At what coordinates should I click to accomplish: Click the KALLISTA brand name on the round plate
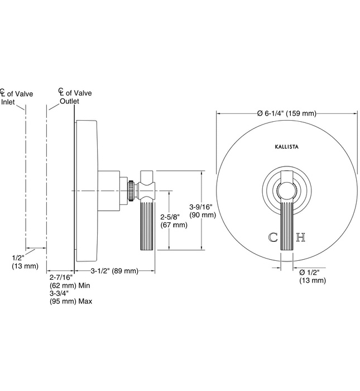pyautogui.click(x=287, y=146)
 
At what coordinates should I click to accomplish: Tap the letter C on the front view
pyautogui.click(x=273, y=237)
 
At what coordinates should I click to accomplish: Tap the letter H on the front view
pyautogui.click(x=301, y=237)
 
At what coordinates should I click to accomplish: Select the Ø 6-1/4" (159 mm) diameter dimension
pyautogui.click(x=287, y=113)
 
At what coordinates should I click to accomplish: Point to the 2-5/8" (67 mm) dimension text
pyautogui.click(x=174, y=221)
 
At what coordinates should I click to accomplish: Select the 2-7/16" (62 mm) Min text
pyautogui.click(x=68, y=281)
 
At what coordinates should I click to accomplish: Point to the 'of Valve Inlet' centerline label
pyautogui.click(x=17, y=98)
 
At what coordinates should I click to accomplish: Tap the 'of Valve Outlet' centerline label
pyautogui.click(x=74, y=97)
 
